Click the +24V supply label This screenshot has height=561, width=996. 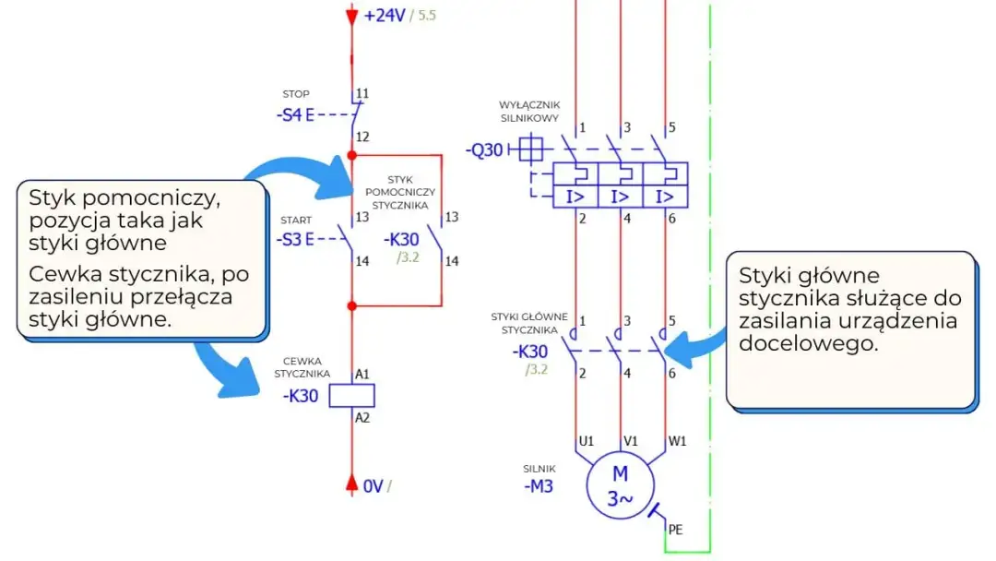[385, 16]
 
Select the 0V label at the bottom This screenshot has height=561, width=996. [372, 485]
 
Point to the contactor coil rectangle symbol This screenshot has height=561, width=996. [352, 396]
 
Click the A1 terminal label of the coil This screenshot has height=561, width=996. [362, 374]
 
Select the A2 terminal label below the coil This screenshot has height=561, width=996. [362, 418]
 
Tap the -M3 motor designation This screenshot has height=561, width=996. [539, 486]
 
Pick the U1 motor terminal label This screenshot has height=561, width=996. [586, 441]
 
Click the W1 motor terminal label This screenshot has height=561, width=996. [678, 441]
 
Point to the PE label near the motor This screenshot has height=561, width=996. [675, 530]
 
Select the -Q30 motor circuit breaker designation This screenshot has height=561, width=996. [484, 149]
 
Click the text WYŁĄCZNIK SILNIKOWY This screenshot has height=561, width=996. [529, 112]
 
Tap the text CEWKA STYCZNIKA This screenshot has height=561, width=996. [302, 367]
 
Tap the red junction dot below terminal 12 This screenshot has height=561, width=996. [351, 155]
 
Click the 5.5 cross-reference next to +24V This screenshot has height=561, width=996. [428, 17]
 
